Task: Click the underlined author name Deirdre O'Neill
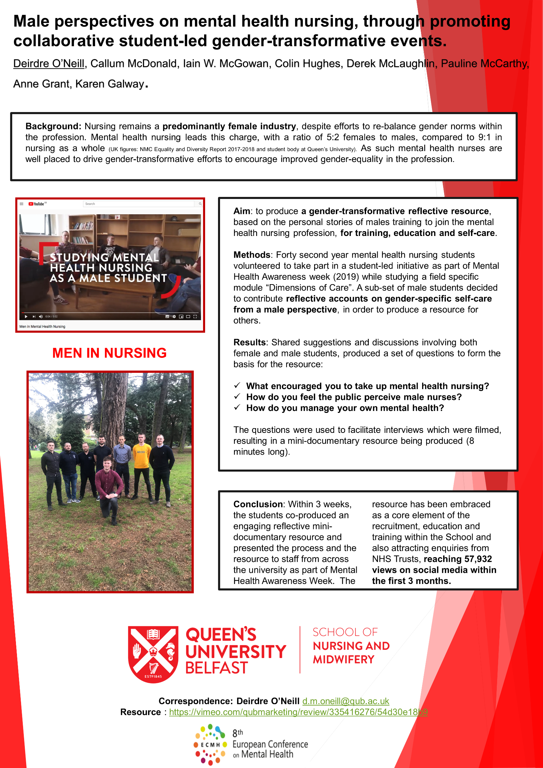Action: tap(49, 63)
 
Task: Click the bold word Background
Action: tap(53, 126)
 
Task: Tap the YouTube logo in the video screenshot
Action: tap(36, 204)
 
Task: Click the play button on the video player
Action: tap(26, 316)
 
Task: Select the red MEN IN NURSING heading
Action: tap(109, 353)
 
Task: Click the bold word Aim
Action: tap(241, 211)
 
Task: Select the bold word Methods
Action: tap(252, 255)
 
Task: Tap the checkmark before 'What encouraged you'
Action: tap(237, 386)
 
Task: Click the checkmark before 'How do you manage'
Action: tap(237, 407)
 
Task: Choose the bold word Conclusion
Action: tap(258, 504)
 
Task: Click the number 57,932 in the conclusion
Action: tap(478, 559)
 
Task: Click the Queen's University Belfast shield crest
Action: tap(153, 654)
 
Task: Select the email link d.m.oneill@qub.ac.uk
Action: tap(345, 701)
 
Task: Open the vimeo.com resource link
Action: tap(298, 712)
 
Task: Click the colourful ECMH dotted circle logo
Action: tap(210, 745)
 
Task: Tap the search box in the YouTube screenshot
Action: tap(139, 204)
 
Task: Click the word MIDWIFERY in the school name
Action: tap(343, 659)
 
